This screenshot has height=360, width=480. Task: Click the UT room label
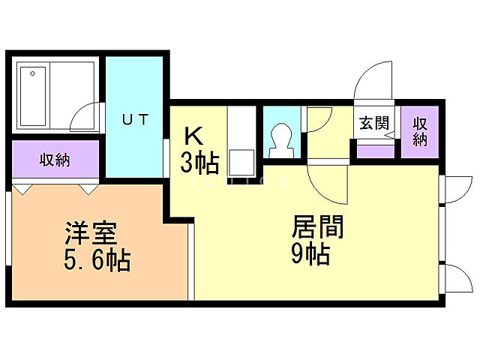(135, 118)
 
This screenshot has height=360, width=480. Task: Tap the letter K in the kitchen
(193, 136)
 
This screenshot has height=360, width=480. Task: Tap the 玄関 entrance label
(373, 123)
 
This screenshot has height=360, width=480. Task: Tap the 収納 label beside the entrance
(419, 130)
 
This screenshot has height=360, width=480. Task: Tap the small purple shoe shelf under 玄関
(374, 150)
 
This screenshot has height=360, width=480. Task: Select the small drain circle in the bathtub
(32, 73)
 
